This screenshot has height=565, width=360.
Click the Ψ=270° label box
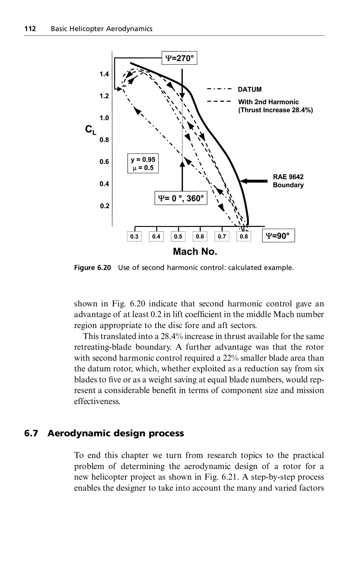(179, 58)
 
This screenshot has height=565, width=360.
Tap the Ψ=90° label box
(278, 236)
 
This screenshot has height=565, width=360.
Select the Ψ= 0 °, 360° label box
(181, 198)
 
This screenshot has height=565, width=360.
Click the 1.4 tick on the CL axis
(104, 74)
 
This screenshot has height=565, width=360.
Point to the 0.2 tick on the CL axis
(104, 206)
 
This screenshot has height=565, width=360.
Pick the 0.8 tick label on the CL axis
(104, 140)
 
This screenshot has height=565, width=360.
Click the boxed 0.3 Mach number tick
(134, 236)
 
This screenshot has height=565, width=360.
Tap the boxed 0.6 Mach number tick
(200, 236)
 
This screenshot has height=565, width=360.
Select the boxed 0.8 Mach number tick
(244, 236)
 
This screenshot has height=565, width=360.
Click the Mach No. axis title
(195, 252)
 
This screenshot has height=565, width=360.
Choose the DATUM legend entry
(250, 89)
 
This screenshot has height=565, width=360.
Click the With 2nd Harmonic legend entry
(268, 102)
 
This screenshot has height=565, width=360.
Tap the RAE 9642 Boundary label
(288, 181)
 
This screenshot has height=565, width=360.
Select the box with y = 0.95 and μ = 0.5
(143, 164)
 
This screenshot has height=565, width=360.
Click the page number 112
(30, 29)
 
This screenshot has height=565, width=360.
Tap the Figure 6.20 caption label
(93, 268)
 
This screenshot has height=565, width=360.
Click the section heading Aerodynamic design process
(116, 433)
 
